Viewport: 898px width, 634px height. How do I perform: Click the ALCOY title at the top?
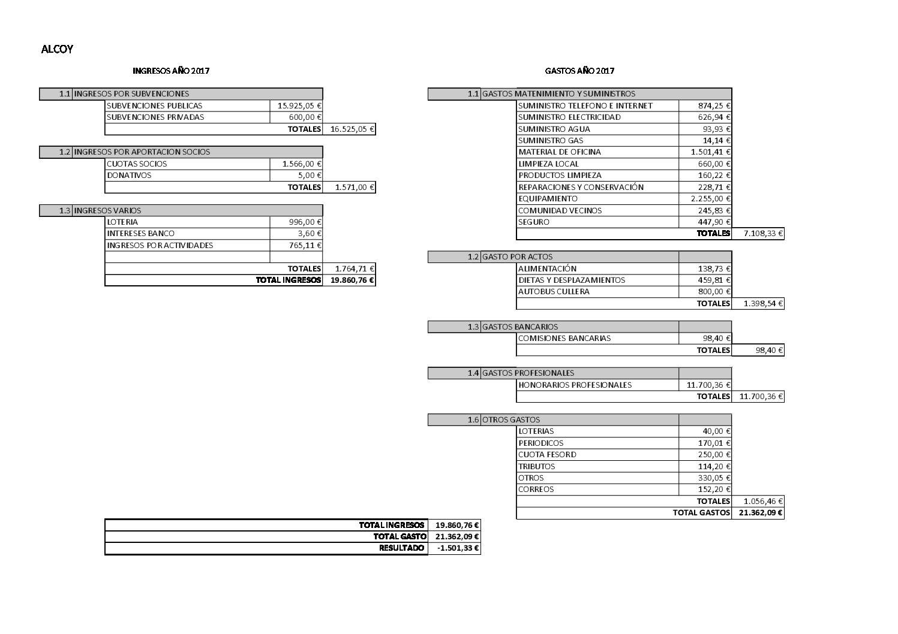click(57, 50)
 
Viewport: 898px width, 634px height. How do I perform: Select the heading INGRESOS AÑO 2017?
click(171, 71)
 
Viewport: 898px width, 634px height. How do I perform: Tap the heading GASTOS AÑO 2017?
click(579, 71)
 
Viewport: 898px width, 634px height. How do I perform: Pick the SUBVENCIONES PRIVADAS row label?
click(155, 117)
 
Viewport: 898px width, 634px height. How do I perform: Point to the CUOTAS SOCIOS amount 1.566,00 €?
click(302, 164)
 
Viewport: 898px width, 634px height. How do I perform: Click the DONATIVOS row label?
click(129, 175)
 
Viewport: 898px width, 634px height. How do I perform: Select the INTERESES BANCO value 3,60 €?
click(310, 233)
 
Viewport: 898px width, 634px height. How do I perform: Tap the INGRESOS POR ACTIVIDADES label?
click(160, 245)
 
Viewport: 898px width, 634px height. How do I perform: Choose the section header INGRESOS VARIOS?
click(107, 210)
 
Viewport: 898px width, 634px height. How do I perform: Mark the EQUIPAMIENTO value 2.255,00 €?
click(711, 198)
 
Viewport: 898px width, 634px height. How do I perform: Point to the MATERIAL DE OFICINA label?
click(559, 152)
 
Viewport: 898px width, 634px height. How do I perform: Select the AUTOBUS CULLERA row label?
click(554, 291)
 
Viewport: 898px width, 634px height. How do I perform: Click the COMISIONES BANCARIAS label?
click(564, 338)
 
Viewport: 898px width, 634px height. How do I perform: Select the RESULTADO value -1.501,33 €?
click(458, 548)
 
